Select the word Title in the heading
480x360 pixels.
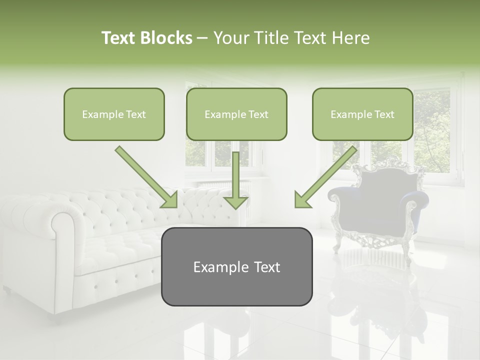click(x=270, y=38)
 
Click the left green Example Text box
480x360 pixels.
click(x=114, y=114)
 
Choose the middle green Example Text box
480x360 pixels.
click(x=236, y=114)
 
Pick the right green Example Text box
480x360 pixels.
click(x=362, y=114)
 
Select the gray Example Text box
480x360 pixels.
click(x=236, y=266)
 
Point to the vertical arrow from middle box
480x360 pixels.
click(x=235, y=180)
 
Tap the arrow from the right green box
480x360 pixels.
click(x=326, y=177)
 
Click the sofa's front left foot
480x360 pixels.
click(x=7, y=290)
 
